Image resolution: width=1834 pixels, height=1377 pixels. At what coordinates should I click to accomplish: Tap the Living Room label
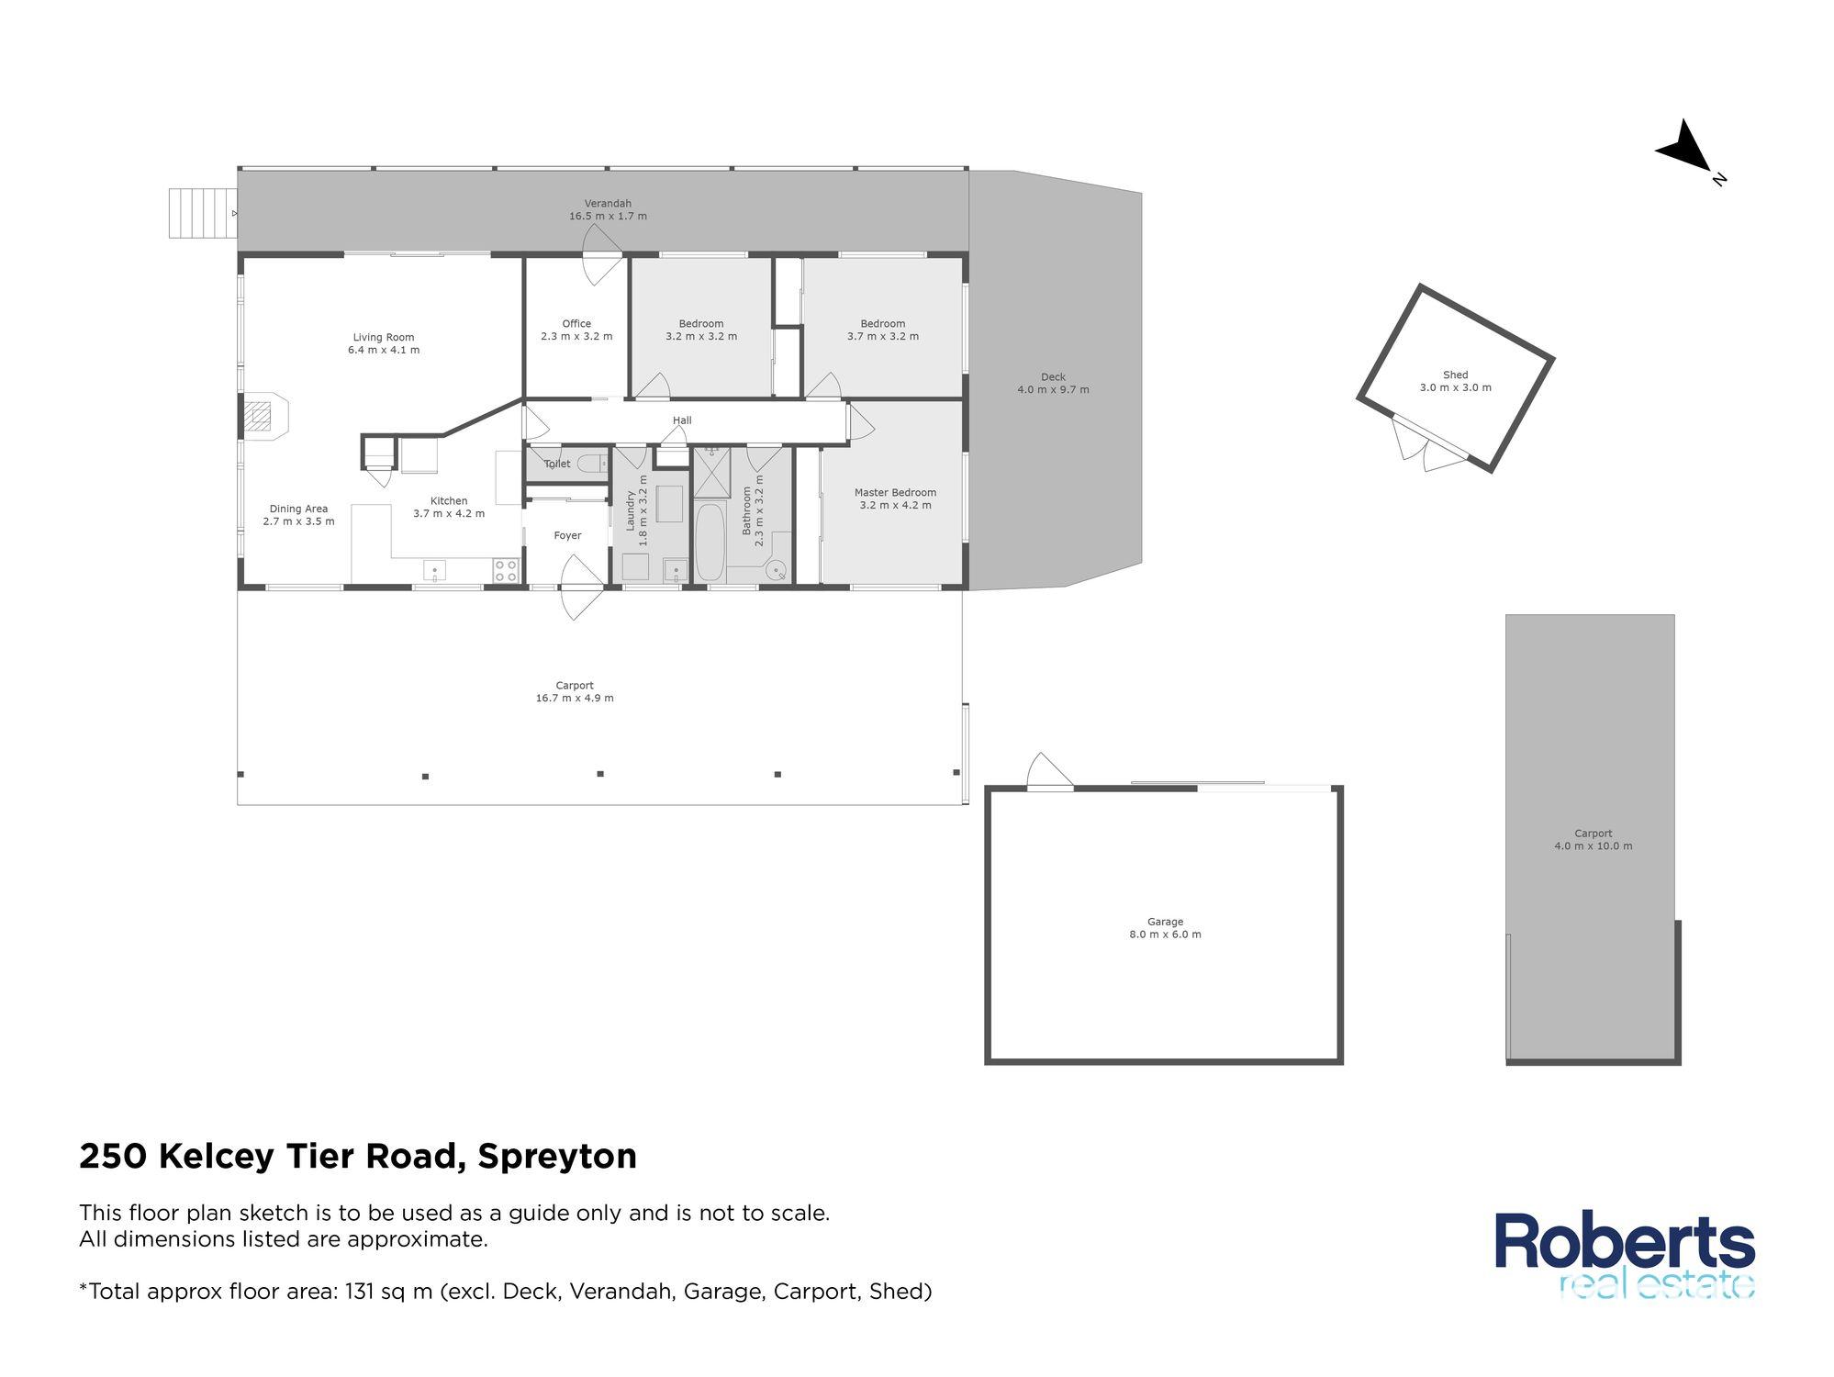(x=384, y=338)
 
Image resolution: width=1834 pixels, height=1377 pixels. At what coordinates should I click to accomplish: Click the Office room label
(x=576, y=324)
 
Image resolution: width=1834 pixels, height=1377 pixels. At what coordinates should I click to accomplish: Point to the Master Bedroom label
(x=895, y=493)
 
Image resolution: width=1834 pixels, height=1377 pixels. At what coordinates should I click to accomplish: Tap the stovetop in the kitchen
(x=506, y=570)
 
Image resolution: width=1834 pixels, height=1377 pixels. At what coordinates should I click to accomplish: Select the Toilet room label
(x=557, y=465)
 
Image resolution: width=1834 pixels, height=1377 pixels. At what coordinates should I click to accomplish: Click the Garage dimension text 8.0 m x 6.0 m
(x=1165, y=935)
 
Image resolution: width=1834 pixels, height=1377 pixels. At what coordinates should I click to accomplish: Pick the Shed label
(x=1455, y=375)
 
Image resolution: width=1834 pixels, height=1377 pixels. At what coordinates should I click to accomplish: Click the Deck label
(x=1053, y=377)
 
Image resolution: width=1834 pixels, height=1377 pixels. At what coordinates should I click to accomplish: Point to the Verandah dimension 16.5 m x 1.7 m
(x=608, y=217)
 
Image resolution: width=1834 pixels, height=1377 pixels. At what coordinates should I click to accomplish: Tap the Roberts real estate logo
(x=1625, y=1254)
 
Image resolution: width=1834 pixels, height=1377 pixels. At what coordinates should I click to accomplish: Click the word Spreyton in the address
(x=557, y=1157)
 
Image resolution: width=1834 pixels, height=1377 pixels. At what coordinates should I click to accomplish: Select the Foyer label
(x=567, y=536)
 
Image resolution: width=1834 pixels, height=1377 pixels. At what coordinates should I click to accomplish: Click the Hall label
(x=682, y=421)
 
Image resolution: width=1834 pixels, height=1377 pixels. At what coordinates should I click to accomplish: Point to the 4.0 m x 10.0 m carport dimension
(x=1593, y=846)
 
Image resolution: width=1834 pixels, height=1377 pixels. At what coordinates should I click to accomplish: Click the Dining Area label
(x=298, y=509)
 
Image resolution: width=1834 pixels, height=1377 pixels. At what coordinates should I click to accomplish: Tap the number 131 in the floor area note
(x=362, y=1292)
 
